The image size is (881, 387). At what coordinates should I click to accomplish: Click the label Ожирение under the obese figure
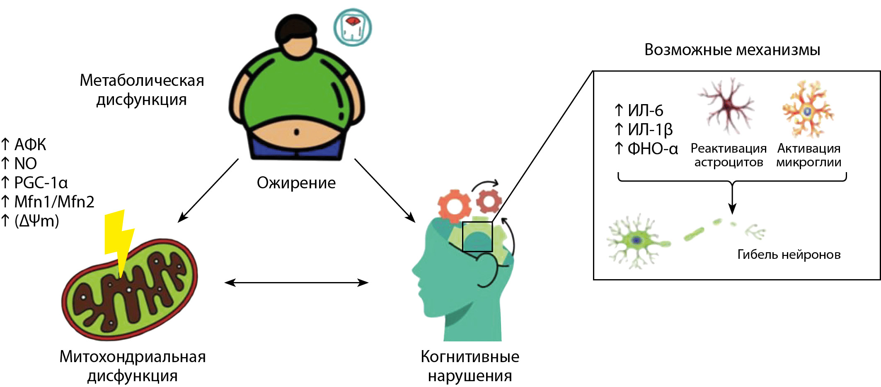[296, 183]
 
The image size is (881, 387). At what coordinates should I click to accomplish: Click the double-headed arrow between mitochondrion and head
[296, 283]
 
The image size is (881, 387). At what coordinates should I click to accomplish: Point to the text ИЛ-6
[645, 111]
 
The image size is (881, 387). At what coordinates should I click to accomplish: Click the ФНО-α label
[652, 148]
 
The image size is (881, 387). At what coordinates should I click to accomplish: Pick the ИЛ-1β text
[650, 130]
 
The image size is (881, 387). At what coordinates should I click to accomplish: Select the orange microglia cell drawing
[808, 110]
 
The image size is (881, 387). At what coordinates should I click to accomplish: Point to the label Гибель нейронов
[789, 254]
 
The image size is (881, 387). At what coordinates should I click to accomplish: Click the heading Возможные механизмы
[732, 50]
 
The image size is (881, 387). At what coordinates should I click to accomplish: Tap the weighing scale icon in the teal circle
[353, 27]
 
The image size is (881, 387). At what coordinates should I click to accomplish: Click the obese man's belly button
[296, 132]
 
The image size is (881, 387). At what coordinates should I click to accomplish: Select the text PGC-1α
[41, 183]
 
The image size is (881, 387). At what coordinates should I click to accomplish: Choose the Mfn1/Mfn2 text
[54, 202]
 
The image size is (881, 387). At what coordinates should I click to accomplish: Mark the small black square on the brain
[477, 236]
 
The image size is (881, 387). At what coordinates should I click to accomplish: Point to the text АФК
[30, 145]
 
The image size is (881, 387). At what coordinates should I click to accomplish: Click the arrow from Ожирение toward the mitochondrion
[208, 190]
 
